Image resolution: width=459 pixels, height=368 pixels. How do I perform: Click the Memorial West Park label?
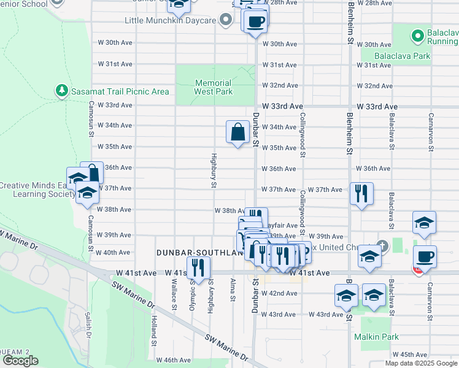pyautogui.click(x=214, y=87)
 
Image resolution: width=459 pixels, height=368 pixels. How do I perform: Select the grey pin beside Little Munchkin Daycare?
pyautogui.click(x=226, y=21)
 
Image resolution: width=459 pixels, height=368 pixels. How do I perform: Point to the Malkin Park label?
pyautogui.click(x=376, y=337)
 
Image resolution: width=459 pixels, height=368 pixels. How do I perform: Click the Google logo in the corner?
pyautogui.click(x=20, y=361)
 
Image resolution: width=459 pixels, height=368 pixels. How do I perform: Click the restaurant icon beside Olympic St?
pyautogui.click(x=198, y=267)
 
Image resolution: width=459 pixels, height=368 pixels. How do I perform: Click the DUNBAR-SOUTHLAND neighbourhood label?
pyautogui.click(x=195, y=252)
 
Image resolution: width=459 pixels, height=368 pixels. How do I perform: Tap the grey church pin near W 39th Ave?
pyautogui.click(x=384, y=246)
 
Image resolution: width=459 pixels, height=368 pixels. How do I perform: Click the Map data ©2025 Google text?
pyautogui.click(x=422, y=363)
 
